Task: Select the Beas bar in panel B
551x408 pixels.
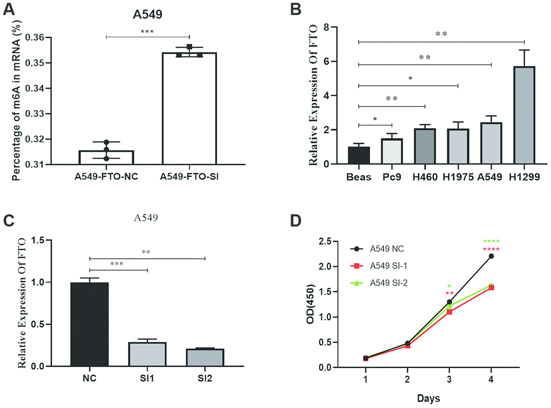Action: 359,155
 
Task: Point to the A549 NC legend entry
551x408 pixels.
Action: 387,249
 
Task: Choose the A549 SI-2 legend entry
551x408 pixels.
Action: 387,282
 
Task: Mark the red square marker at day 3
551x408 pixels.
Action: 449,312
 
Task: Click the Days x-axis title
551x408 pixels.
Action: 428,398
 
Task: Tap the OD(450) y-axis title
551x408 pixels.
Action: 312,304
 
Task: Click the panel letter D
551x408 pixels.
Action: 295,221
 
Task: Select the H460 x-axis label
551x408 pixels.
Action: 425,177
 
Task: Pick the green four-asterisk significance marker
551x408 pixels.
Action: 491,241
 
